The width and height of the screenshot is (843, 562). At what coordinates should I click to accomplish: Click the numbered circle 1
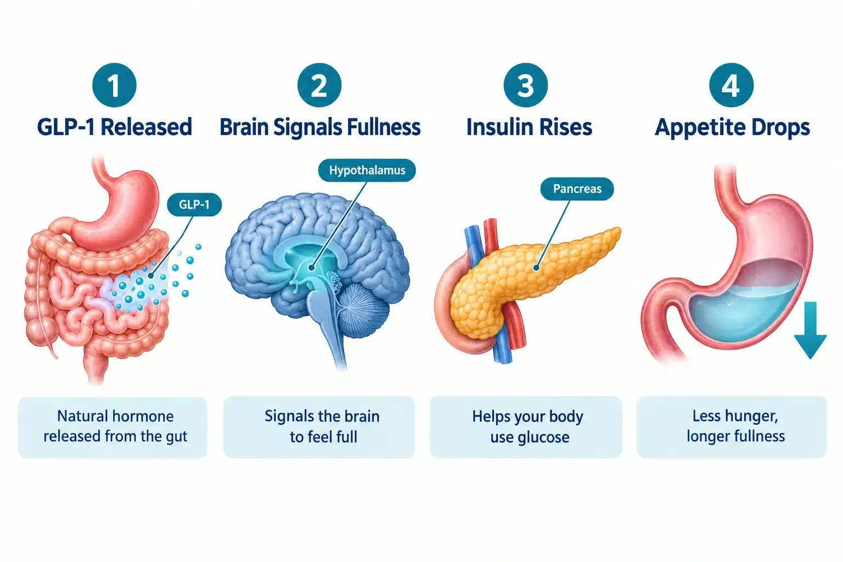114,85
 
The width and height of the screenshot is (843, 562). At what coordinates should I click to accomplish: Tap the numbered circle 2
319,85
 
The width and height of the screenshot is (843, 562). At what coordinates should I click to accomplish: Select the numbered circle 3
526,85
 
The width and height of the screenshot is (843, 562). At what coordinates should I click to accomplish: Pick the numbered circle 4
731,85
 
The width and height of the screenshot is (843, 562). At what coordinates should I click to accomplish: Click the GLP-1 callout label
194,204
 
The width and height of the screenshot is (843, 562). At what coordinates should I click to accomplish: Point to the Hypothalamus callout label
367,170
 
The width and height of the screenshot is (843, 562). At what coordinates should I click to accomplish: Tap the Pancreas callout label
577,189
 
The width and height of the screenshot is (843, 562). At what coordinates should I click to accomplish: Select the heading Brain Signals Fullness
320,127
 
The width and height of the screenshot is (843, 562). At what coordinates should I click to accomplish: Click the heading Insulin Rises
529,127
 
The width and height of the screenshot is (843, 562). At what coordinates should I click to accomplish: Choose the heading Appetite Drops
732,128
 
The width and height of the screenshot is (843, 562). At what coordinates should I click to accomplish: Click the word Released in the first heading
147,127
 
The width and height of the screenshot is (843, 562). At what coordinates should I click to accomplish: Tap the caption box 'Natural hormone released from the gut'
112,427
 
